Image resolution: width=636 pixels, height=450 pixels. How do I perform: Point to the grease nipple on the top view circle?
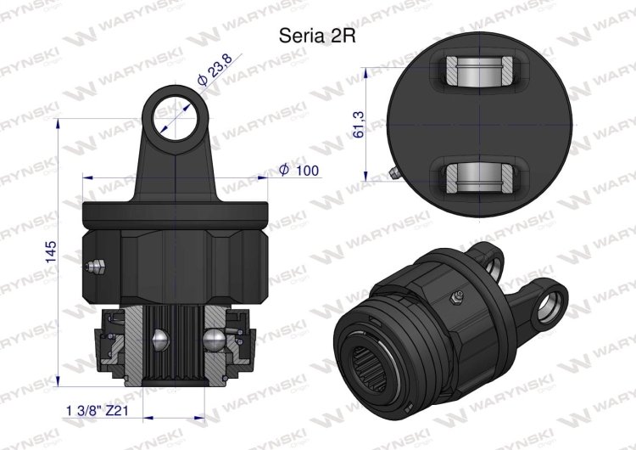click(394, 173)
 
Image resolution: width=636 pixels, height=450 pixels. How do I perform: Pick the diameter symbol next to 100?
click(284, 171)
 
